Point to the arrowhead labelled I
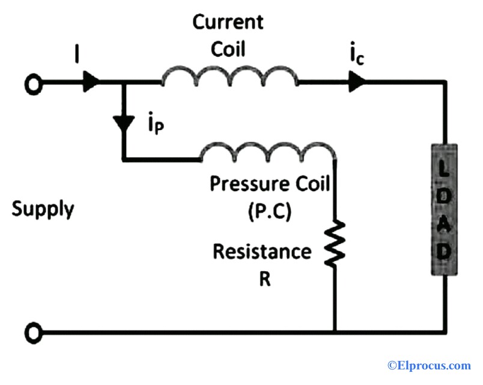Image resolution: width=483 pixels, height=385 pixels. pos(90,83)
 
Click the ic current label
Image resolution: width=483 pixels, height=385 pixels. pos(355,59)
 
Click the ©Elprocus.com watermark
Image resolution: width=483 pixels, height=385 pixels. pos(428,365)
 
